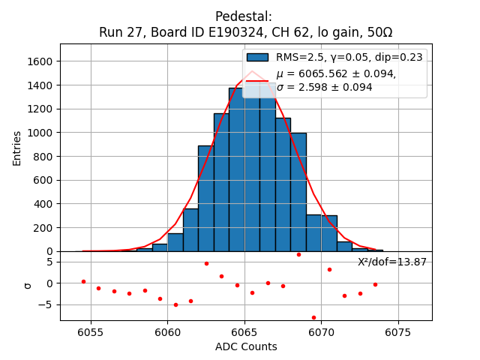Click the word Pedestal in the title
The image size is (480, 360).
click(243, 16)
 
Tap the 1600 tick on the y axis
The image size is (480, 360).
click(43, 61)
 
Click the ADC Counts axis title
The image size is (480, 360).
click(246, 346)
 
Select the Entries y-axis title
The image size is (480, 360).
click(17, 147)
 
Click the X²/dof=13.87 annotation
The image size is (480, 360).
click(391, 262)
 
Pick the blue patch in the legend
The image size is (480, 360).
click(257, 57)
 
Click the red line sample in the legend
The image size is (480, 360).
click(257, 80)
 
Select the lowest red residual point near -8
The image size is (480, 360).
click(313, 317)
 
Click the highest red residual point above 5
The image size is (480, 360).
click(298, 254)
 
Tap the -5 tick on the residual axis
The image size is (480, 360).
click(49, 304)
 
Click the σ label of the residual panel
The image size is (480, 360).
click(28, 285)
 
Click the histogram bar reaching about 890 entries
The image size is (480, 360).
click(205, 199)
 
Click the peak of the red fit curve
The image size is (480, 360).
click(252, 71)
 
